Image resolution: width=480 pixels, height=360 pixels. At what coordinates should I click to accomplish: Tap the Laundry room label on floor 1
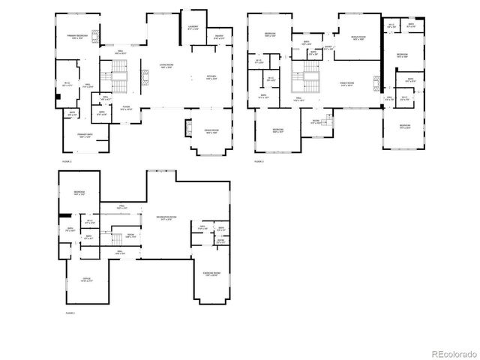point(192,28)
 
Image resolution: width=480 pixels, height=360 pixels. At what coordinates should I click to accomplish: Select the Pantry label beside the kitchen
point(218,37)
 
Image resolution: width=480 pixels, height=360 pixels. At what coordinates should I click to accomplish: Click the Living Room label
point(166,66)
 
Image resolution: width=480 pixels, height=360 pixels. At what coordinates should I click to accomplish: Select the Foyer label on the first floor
point(127,108)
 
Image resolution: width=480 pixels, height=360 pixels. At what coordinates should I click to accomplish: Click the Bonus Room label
point(358,37)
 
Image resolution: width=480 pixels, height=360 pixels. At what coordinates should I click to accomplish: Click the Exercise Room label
point(211,274)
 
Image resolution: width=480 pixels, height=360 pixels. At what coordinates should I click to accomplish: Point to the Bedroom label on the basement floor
point(79,193)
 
